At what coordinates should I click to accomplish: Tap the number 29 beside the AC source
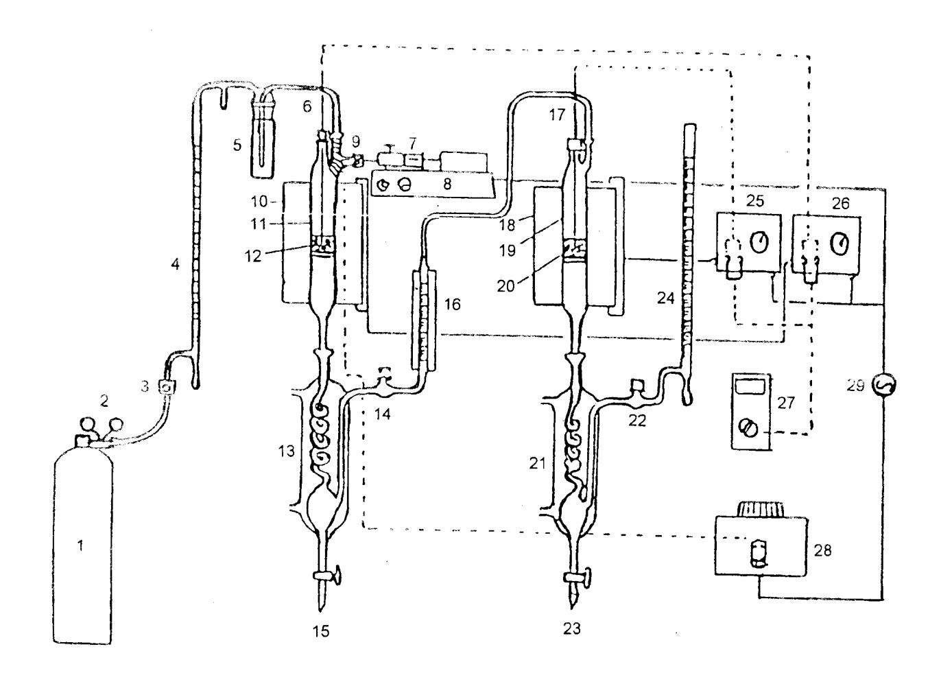pos(855,386)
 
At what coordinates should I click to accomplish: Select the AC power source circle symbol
pos(884,384)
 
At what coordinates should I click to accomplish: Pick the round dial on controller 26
pos(839,244)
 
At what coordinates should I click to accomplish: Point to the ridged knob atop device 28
pos(761,509)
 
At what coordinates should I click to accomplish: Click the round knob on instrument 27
pos(748,429)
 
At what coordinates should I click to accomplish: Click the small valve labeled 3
pos(167,386)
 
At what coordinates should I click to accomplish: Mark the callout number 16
pos(453,304)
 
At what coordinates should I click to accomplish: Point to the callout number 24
pos(666,298)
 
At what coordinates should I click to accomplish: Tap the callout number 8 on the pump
pos(447,184)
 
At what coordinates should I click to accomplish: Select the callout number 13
pos(287,451)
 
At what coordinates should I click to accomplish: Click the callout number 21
pos(537,464)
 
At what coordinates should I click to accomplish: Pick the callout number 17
pos(557,115)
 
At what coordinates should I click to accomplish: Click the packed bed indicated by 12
pos(322,246)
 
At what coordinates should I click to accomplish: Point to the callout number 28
pos(822,550)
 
